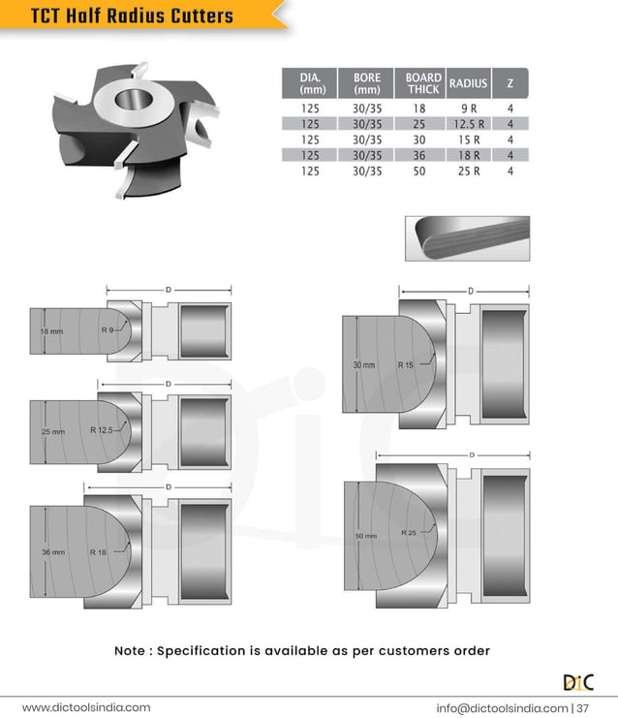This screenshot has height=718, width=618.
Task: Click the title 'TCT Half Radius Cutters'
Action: coord(132,16)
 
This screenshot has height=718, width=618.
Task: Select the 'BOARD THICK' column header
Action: coord(423,83)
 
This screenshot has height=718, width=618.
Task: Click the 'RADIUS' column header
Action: coord(468,83)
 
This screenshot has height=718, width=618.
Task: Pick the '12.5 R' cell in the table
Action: coord(468,124)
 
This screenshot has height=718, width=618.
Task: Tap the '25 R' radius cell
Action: coord(468,171)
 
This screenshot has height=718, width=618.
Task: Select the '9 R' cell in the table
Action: coord(468,109)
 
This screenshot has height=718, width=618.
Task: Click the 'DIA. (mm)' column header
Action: coord(311,83)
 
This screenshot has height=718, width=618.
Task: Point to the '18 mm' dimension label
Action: coord(50,331)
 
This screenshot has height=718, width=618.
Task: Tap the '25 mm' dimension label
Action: coord(52,431)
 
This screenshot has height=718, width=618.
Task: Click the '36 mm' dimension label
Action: coord(52,552)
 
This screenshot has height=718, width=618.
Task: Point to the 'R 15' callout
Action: coord(405,365)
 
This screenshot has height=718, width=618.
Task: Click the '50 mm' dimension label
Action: coord(365,536)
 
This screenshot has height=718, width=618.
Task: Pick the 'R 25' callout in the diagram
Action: coord(410,533)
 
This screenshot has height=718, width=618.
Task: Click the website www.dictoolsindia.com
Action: coord(86,707)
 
